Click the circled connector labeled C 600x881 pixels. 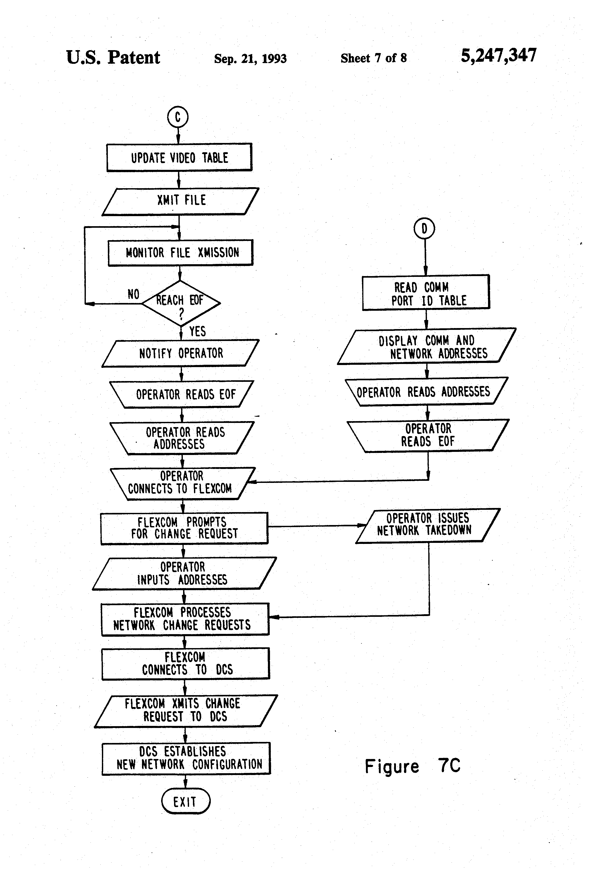[177, 117]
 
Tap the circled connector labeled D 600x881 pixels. [424, 229]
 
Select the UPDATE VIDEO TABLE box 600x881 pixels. [179, 158]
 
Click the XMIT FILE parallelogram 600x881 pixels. [181, 201]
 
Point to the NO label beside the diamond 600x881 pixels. [133, 294]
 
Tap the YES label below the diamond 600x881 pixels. [197, 332]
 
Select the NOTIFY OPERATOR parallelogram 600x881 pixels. [181, 353]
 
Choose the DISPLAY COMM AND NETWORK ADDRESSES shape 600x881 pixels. [427, 346]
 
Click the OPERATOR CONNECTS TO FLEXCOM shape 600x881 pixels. [182, 483]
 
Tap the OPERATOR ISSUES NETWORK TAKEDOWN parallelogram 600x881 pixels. [428, 525]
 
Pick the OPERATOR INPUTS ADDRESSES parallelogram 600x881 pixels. [184, 574]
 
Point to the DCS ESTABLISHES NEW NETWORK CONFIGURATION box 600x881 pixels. [186, 758]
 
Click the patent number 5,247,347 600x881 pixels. [498, 56]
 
